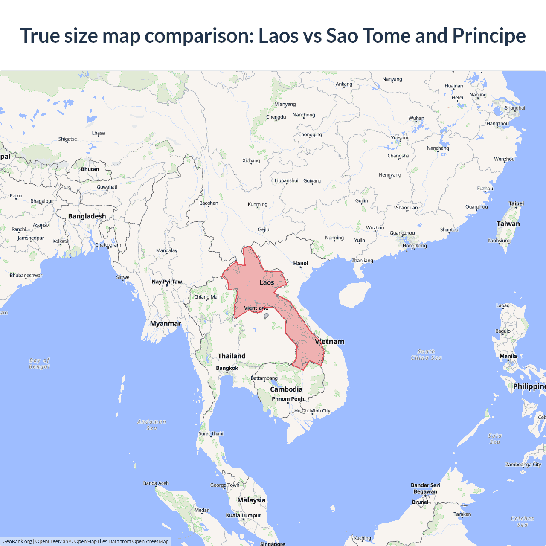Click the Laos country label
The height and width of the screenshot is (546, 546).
coord(267,282)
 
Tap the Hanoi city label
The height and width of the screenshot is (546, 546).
coord(300,263)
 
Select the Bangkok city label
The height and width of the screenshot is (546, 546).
coord(227,368)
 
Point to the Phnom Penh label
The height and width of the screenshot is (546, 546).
coord(288,399)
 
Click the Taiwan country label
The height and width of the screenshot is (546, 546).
coord(508,224)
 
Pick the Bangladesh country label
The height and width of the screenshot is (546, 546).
coord(87,216)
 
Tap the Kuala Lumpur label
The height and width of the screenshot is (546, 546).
coord(244,515)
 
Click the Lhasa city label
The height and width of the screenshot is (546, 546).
coord(98,133)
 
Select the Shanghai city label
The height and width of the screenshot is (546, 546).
coord(515,108)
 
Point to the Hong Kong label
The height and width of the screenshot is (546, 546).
coord(415,246)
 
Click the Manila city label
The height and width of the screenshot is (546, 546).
coord(508,356)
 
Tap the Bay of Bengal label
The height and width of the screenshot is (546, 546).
coord(39,363)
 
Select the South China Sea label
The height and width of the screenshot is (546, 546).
coord(426,355)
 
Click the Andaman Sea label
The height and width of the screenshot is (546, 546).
coord(151,425)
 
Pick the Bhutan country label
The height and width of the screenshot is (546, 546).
coord(90,169)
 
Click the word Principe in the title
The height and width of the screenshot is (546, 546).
coord(489,35)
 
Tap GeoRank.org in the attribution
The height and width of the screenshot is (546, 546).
coord(17,541)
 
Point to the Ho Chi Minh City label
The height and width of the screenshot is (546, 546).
coord(312,411)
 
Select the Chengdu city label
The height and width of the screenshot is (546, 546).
coord(276,117)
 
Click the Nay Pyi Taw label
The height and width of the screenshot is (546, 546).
coord(167,282)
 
